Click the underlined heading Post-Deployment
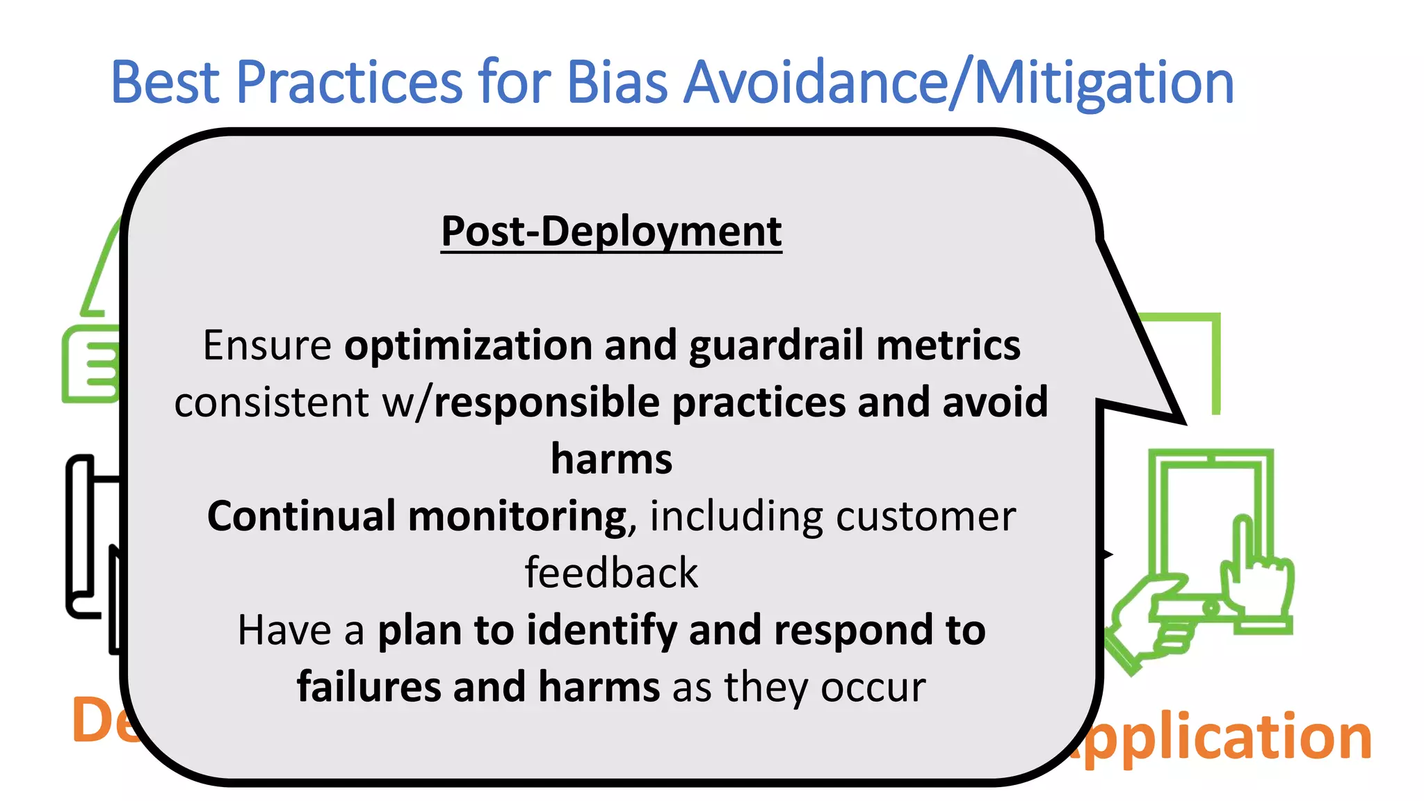[611, 232]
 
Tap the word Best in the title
[165, 82]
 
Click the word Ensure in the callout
[267, 346]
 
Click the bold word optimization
[468, 346]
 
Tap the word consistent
[271, 403]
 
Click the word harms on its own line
[611, 460]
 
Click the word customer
[925, 517]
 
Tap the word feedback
[611, 574]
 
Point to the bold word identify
[601, 631]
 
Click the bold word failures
[368, 688]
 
